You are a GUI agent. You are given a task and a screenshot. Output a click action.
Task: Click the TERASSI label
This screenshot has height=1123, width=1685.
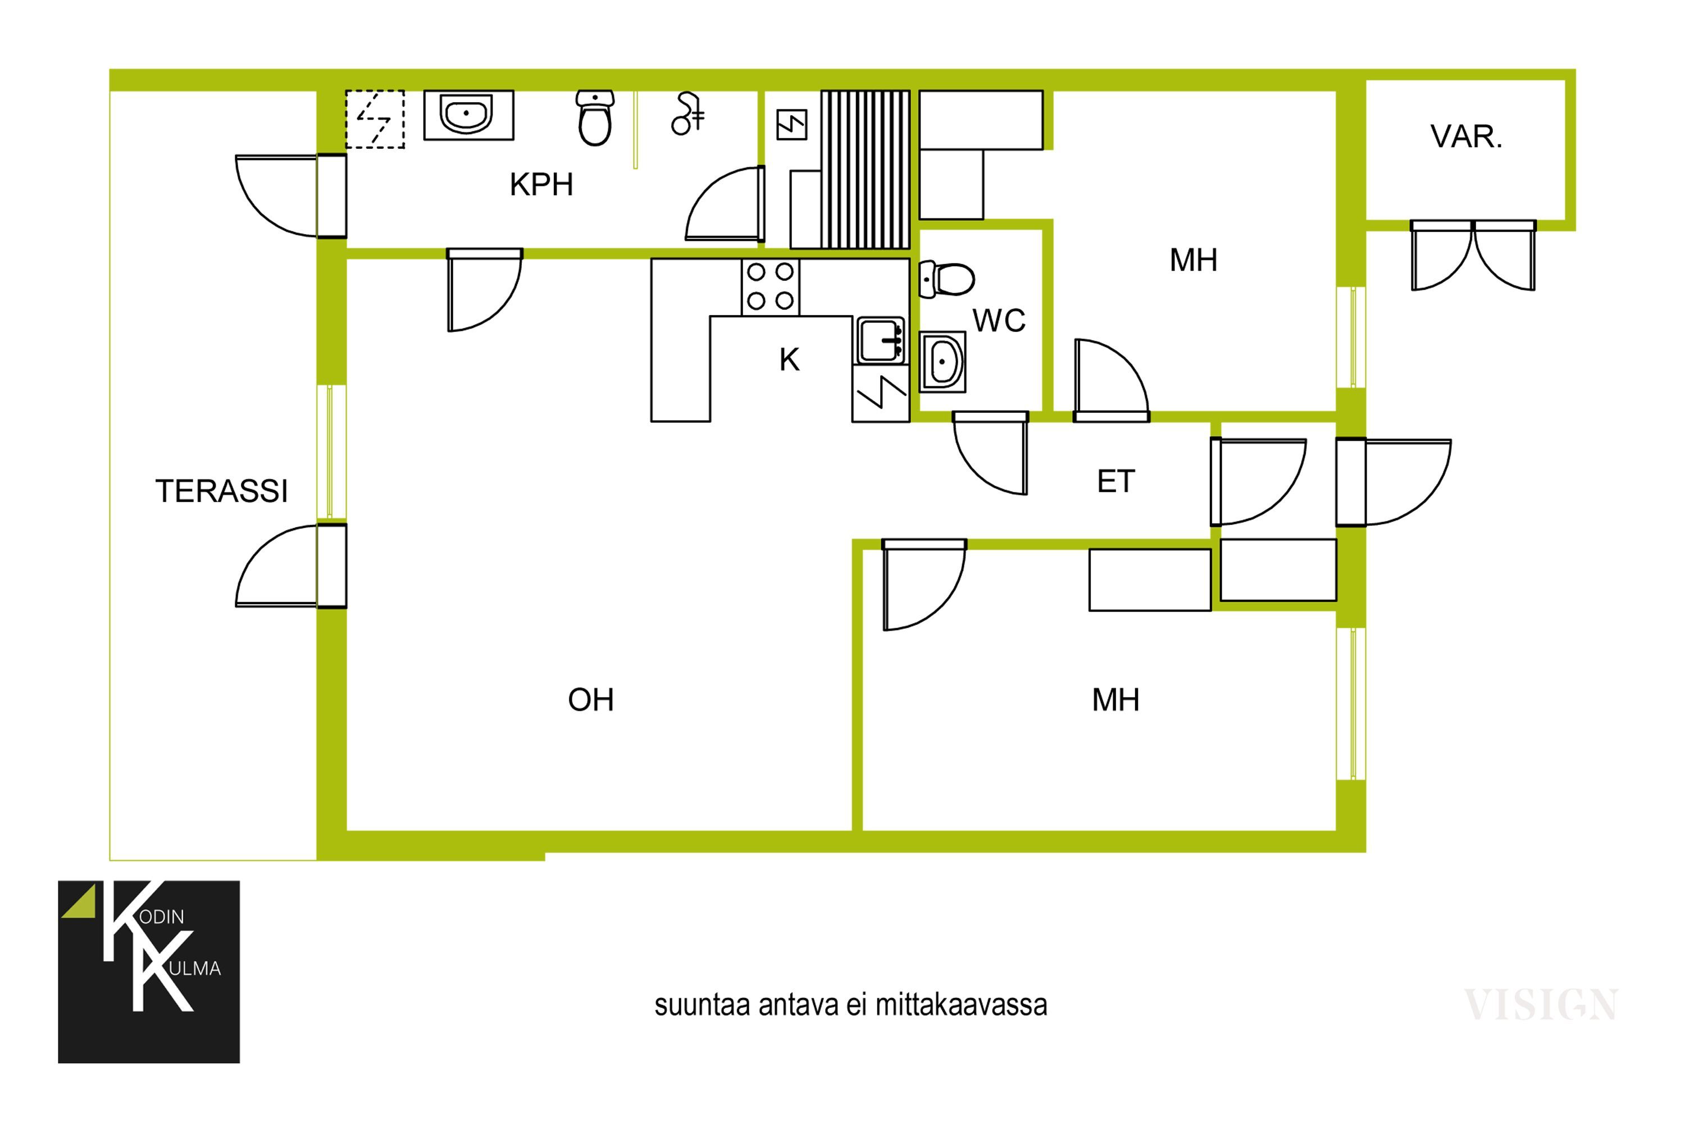(x=221, y=491)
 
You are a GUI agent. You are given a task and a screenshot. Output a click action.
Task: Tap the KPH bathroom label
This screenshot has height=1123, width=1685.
(x=541, y=185)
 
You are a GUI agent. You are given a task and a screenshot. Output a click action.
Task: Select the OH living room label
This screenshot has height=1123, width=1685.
(x=590, y=700)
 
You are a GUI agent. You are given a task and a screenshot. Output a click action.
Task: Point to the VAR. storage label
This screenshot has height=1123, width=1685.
(x=1466, y=137)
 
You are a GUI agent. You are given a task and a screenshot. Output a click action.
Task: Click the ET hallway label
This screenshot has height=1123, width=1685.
(x=1115, y=481)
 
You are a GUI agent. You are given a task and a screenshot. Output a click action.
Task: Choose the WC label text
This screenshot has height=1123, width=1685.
(x=999, y=321)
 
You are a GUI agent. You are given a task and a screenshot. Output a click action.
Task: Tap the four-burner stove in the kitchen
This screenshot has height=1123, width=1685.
(x=770, y=287)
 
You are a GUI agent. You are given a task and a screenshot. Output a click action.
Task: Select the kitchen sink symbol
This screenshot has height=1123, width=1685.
(x=881, y=340)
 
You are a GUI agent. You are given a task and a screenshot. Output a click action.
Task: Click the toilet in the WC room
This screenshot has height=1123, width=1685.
(x=946, y=279)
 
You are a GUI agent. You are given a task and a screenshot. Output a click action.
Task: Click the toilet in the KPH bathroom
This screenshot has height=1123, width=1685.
(x=595, y=118)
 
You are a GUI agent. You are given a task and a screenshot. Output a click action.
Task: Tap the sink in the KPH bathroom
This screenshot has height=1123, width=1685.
(x=468, y=115)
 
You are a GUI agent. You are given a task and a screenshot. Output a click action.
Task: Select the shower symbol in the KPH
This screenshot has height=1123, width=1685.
(x=687, y=114)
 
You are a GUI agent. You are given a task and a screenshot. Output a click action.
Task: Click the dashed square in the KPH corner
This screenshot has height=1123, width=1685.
(x=375, y=119)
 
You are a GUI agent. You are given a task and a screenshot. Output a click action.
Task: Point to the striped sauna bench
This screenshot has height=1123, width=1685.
(x=866, y=169)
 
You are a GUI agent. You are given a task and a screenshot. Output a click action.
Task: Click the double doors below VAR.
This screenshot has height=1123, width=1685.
(x=1473, y=255)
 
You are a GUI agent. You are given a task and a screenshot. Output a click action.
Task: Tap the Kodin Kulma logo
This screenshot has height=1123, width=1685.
(x=149, y=972)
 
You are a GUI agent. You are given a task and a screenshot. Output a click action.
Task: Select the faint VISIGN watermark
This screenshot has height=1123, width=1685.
(x=1540, y=1005)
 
